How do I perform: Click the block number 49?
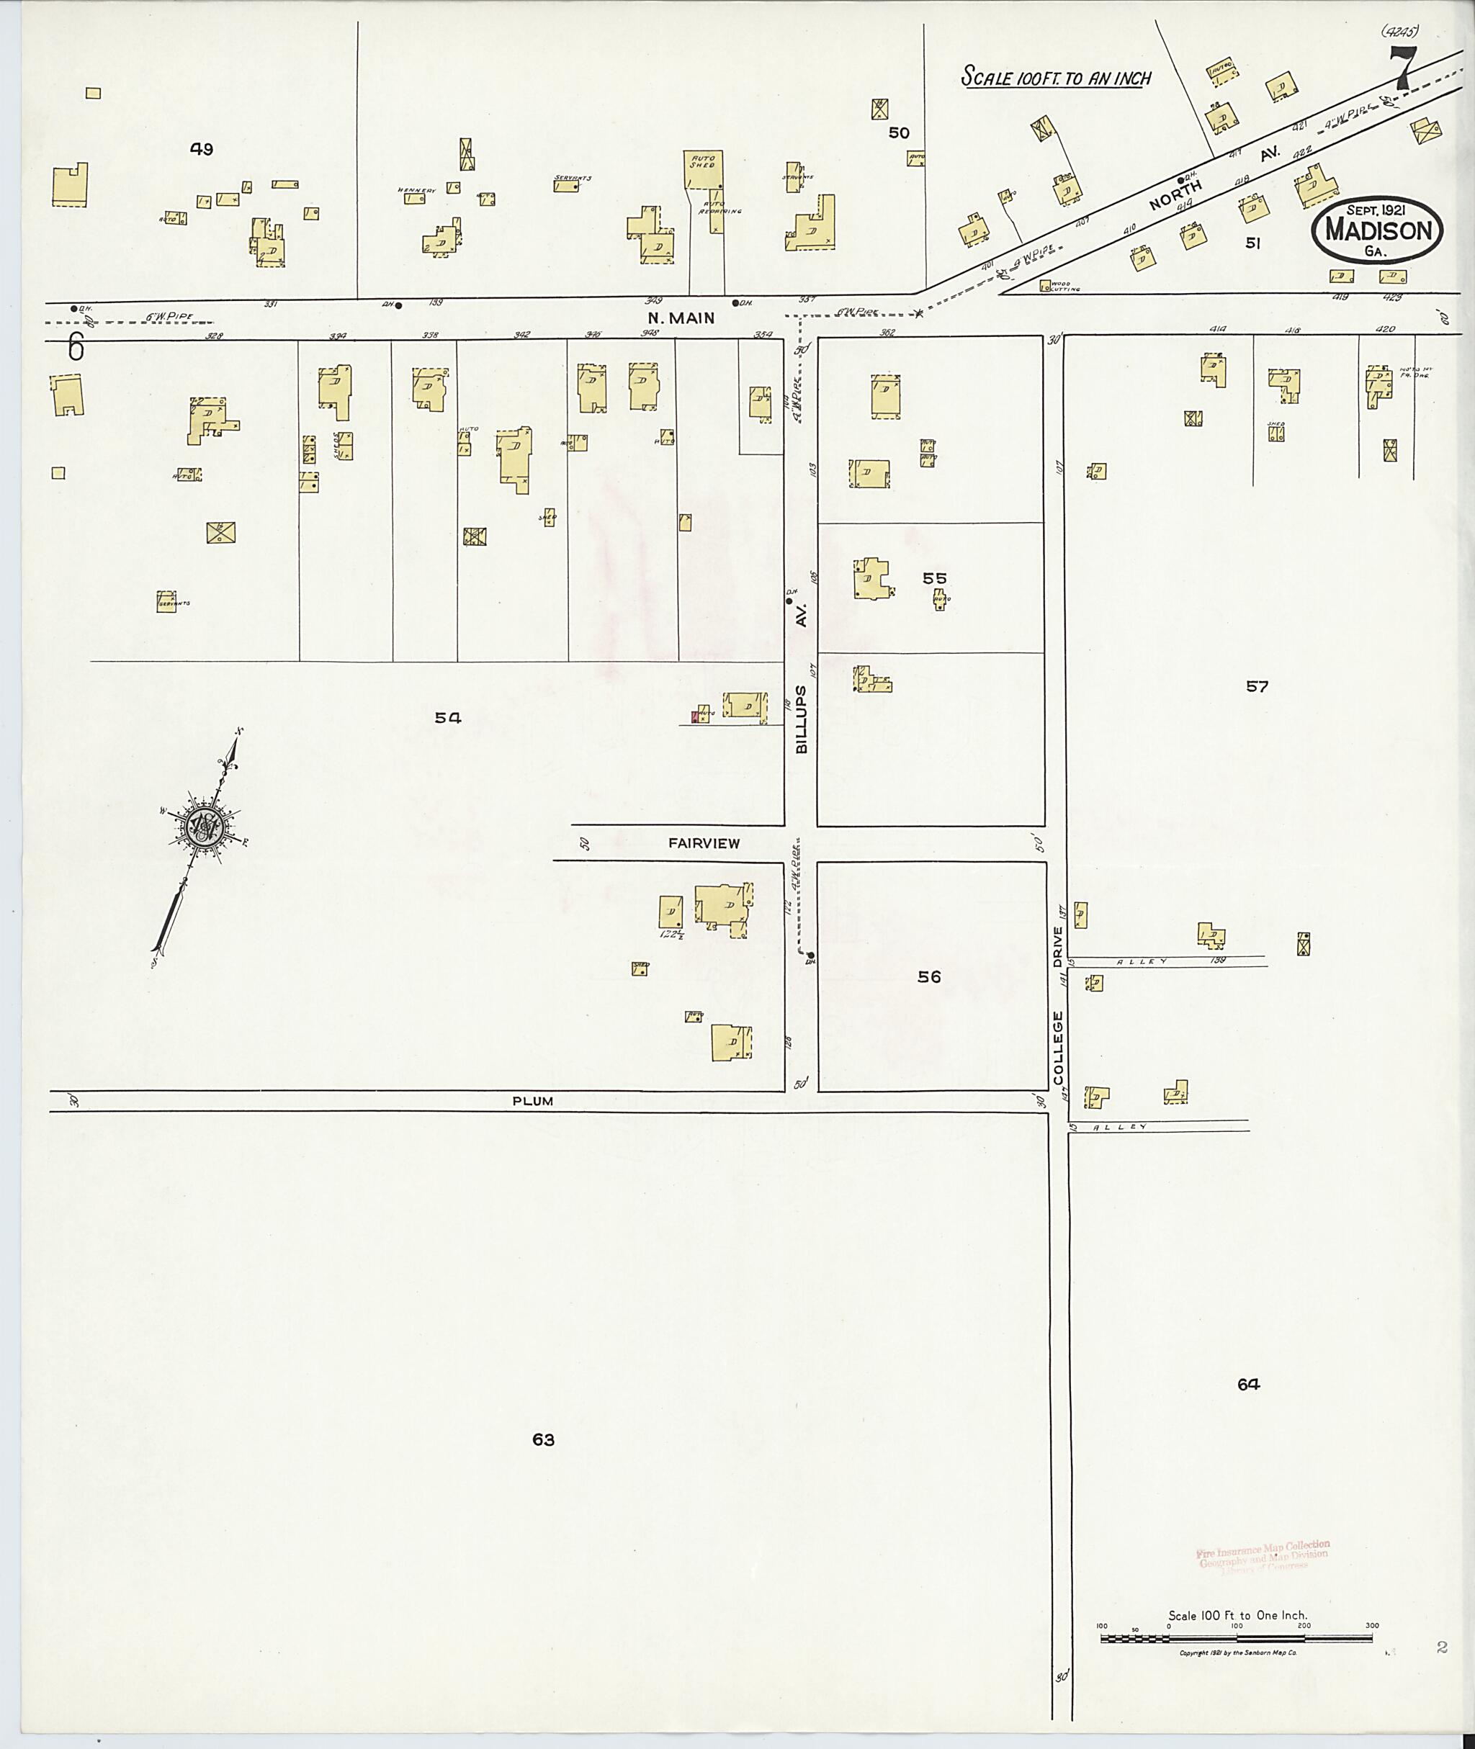click(x=202, y=150)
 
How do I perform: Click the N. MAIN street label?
click(x=681, y=318)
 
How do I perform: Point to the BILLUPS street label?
click(x=802, y=720)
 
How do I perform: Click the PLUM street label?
click(x=533, y=1101)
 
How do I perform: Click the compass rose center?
click(x=203, y=827)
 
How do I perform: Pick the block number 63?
click(x=544, y=1439)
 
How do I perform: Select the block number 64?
click(x=1248, y=1385)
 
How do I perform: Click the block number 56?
click(x=929, y=976)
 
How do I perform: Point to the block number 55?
click(x=934, y=577)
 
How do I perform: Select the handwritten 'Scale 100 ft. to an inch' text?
click(x=1055, y=78)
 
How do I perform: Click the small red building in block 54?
click(x=695, y=716)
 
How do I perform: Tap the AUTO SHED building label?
click(x=702, y=161)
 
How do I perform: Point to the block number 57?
click(x=1257, y=686)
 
